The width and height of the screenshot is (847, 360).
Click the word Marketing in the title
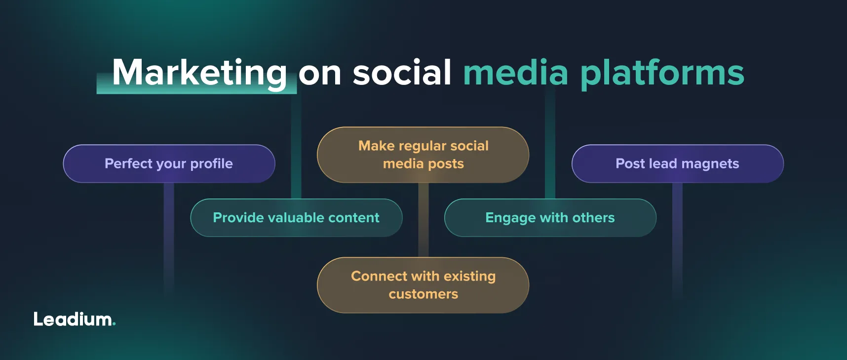[199, 74]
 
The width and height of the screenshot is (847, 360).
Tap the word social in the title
[402, 72]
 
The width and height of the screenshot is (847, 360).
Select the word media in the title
[516, 72]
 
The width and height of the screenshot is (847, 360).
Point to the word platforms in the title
[662, 74]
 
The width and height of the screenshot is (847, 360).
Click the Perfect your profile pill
[169, 163]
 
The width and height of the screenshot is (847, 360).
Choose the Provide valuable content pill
[296, 218]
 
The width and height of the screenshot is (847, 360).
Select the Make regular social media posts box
[423, 155]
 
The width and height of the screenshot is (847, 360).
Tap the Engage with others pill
[550, 218]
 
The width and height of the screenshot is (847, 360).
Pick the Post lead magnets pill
[678, 163]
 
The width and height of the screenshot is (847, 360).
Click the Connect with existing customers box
[423, 285]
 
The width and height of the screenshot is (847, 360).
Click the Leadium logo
[75, 319]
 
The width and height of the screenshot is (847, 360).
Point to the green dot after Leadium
[114, 324]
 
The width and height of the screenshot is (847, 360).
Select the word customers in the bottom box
[423, 294]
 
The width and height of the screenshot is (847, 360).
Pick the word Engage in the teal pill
[510, 218]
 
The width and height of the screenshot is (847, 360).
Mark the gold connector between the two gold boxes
[423, 220]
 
